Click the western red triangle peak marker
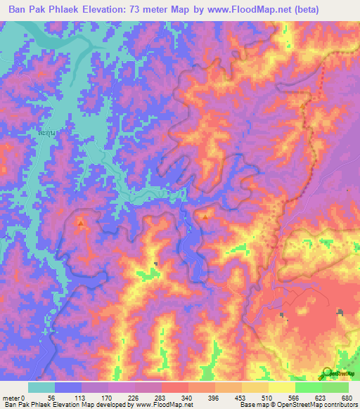pos(81,224)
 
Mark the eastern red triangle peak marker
pos(205,217)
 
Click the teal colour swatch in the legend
pos(41,387)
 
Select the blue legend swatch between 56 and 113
pos(67,387)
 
